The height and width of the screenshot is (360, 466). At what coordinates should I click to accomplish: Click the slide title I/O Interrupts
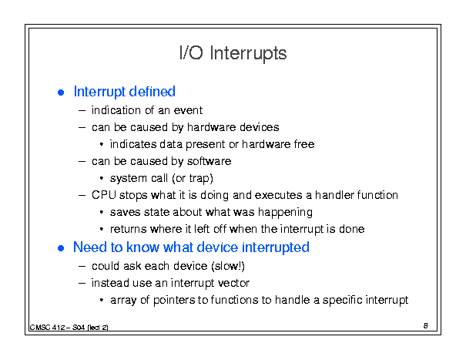pyautogui.click(x=233, y=53)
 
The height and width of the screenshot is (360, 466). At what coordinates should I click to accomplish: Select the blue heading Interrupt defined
pyautogui.click(x=125, y=92)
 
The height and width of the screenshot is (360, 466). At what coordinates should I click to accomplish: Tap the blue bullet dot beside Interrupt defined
pyautogui.click(x=61, y=93)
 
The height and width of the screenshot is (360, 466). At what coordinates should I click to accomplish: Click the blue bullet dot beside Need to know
pyautogui.click(x=61, y=248)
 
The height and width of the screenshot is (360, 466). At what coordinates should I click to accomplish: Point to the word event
pyautogui.click(x=188, y=110)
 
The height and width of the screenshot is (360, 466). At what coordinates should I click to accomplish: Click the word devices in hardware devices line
pyautogui.click(x=259, y=127)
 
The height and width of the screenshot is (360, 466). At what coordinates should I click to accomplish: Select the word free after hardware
pyautogui.click(x=304, y=144)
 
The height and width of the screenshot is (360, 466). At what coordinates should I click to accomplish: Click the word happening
pyautogui.click(x=285, y=213)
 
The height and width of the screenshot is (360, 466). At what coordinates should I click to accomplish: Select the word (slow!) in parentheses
pyautogui.click(x=228, y=266)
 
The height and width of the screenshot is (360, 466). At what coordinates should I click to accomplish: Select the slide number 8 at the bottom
pyautogui.click(x=426, y=326)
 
